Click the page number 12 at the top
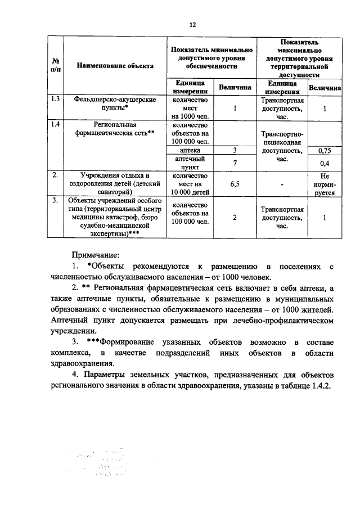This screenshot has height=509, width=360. [x=192, y=25]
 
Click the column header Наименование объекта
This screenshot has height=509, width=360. [x=115, y=66]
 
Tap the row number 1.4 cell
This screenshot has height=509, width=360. [x=55, y=124]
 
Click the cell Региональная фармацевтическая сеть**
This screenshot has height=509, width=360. [x=115, y=129]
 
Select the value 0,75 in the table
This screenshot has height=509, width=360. [x=324, y=150]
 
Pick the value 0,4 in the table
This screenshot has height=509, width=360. [x=324, y=163]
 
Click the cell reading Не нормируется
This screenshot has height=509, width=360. [x=324, y=183]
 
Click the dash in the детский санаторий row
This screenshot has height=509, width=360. [x=282, y=184]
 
